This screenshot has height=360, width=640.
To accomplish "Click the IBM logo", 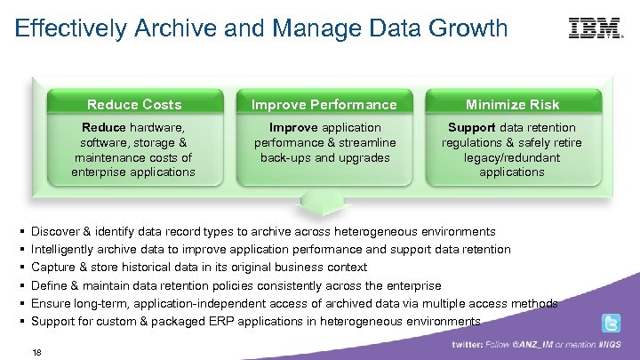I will point(596,28).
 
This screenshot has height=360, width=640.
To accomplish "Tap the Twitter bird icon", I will point(612,324).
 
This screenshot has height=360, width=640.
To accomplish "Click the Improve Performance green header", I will point(324,104).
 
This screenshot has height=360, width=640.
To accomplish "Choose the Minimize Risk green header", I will point(513,104).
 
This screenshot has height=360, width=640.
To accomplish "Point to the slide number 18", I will point(36,351).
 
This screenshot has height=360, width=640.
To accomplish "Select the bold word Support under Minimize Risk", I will point(472,127).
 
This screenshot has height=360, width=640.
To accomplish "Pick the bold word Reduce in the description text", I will point(103,127).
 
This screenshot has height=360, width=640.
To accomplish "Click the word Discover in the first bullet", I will point(55,231).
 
